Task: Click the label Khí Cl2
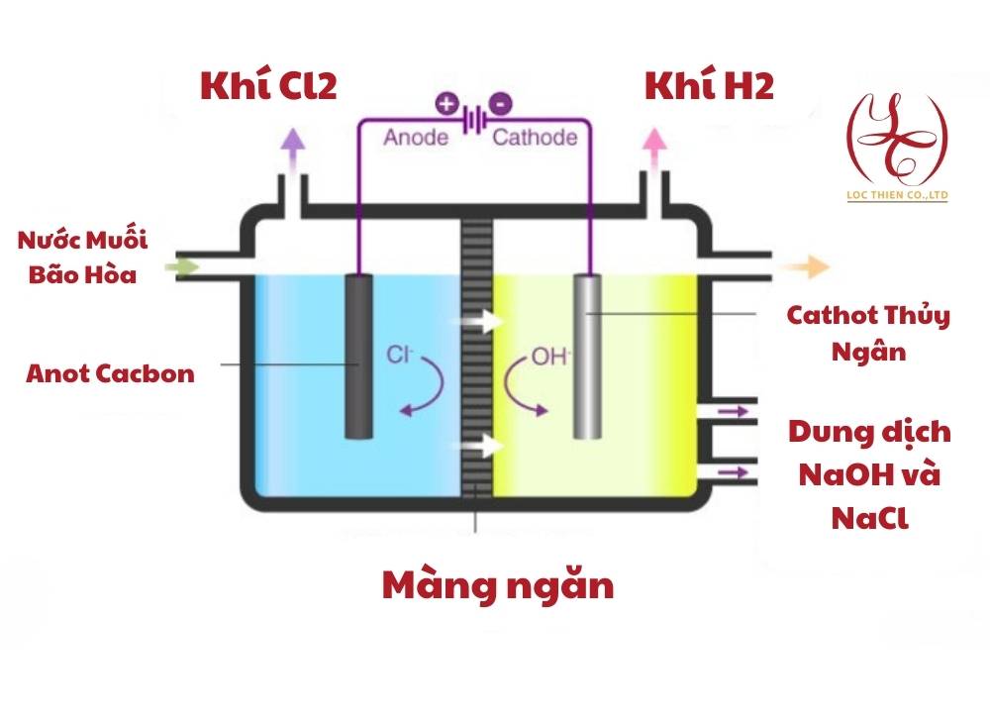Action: pos(268,86)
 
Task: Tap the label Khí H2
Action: pos(709,86)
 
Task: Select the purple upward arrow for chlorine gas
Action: pos(292,145)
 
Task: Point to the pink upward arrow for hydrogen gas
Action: pos(652,145)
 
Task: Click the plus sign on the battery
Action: pos(445,102)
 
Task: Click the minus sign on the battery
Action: pos(502,102)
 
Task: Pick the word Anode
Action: pos(416,137)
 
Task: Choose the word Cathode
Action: pos(535,137)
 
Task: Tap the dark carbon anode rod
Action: pos(357,356)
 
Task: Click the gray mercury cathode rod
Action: pos(587,356)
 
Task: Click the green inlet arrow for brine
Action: pos(184,266)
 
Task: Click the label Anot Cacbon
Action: pos(111,374)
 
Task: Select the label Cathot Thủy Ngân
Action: pos(868,333)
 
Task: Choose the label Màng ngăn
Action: pos(498,585)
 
